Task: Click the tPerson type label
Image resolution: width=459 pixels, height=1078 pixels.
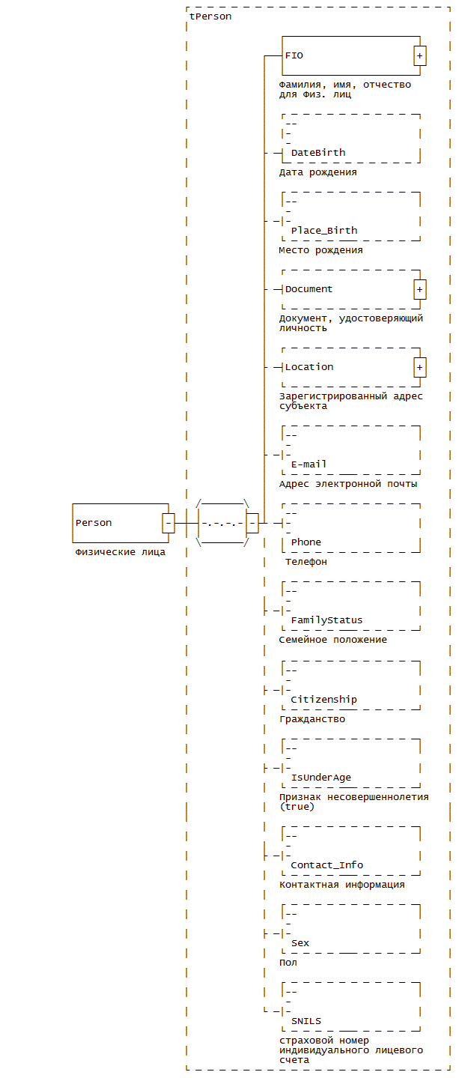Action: point(210,16)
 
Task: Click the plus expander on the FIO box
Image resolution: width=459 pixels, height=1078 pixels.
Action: point(419,56)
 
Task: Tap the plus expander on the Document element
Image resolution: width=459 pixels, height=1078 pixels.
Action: point(419,289)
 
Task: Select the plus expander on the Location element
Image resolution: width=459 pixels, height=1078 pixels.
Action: point(419,367)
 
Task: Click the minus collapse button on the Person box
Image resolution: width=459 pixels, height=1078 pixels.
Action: point(168,523)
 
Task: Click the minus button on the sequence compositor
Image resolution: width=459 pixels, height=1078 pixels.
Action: point(252,523)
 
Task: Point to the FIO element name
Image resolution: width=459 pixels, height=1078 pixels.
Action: point(294,55)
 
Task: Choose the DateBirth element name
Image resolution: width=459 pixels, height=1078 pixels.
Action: point(318,153)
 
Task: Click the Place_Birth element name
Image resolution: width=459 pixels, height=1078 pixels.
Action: point(324,231)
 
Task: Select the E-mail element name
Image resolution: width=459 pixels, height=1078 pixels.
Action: point(309,464)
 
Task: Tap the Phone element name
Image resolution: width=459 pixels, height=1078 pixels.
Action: point(306,542)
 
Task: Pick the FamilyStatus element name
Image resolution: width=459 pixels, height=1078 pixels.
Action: point(326,620)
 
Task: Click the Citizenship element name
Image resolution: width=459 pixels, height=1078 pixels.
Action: point(323,699)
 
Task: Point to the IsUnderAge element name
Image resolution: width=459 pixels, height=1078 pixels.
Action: point(321,777)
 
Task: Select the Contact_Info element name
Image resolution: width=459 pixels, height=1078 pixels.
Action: point(326,864)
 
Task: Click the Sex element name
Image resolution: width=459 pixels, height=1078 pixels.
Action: point(300,942)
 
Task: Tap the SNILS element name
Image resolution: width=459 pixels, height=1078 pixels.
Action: point(306,1021)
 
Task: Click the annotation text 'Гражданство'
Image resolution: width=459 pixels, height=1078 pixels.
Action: point(312,719)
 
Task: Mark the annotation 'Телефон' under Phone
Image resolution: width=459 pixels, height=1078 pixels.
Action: point(306,562)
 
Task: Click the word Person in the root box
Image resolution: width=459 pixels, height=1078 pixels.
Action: point(94,523)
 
